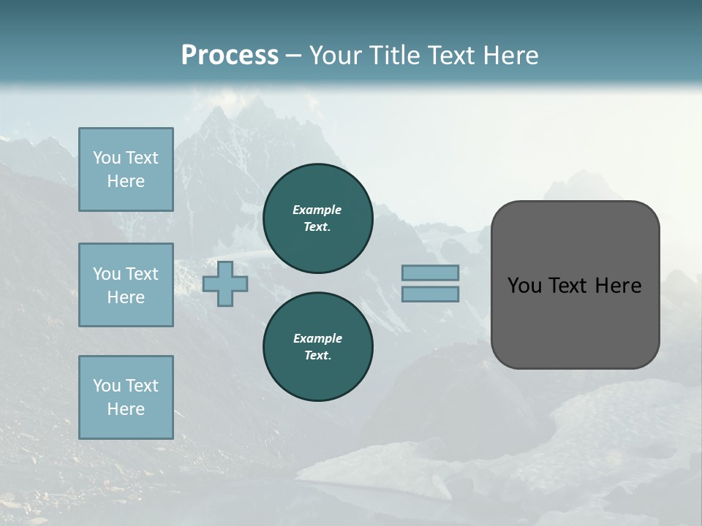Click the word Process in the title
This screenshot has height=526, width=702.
coord(230,56)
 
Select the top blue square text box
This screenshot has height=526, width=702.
coord(126,169)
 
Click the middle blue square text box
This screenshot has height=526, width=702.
coord(126,285)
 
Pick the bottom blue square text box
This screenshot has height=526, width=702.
coord(126,397)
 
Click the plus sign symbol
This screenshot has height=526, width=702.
coord(225,283)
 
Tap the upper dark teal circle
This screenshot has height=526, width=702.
coord(318,218)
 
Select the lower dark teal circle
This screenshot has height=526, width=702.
coord(318,347)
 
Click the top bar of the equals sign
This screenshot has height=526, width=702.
coord(430,272)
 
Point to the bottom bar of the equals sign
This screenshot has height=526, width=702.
coord(430,294)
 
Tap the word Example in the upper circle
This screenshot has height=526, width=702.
coord(317,210)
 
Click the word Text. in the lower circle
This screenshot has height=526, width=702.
coord(317,355)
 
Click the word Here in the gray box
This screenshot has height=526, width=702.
coord(618,286)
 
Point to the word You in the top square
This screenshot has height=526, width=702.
coord(107,158)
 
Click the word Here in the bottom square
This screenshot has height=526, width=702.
coord(126,409)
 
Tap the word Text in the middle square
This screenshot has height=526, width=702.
coord(142,274)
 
